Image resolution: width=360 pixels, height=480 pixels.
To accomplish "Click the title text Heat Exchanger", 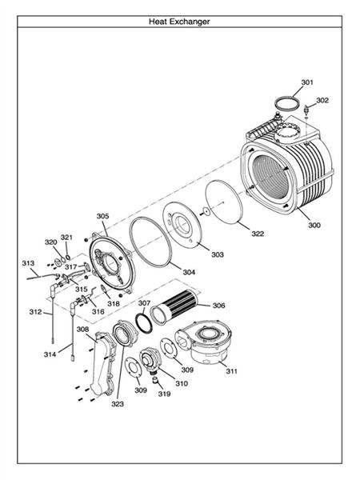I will [179, 22].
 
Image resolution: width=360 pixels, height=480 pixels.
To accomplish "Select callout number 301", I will [307, 82].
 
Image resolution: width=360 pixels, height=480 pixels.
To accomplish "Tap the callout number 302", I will [322, 100].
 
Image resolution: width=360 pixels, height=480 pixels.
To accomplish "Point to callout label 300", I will [314, 226].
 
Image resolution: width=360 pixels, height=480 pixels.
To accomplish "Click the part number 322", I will [258, 234].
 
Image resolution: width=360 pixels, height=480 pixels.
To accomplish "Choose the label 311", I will [232, 371].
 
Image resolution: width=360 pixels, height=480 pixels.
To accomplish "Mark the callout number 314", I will [50, 353].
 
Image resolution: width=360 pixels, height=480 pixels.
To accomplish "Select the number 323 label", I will [118, 404].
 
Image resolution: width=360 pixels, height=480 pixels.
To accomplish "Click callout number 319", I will [164, 394].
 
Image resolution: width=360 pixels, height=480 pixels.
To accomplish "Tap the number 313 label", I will [28, 263].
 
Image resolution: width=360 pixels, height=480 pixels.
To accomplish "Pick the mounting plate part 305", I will [112, 259].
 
